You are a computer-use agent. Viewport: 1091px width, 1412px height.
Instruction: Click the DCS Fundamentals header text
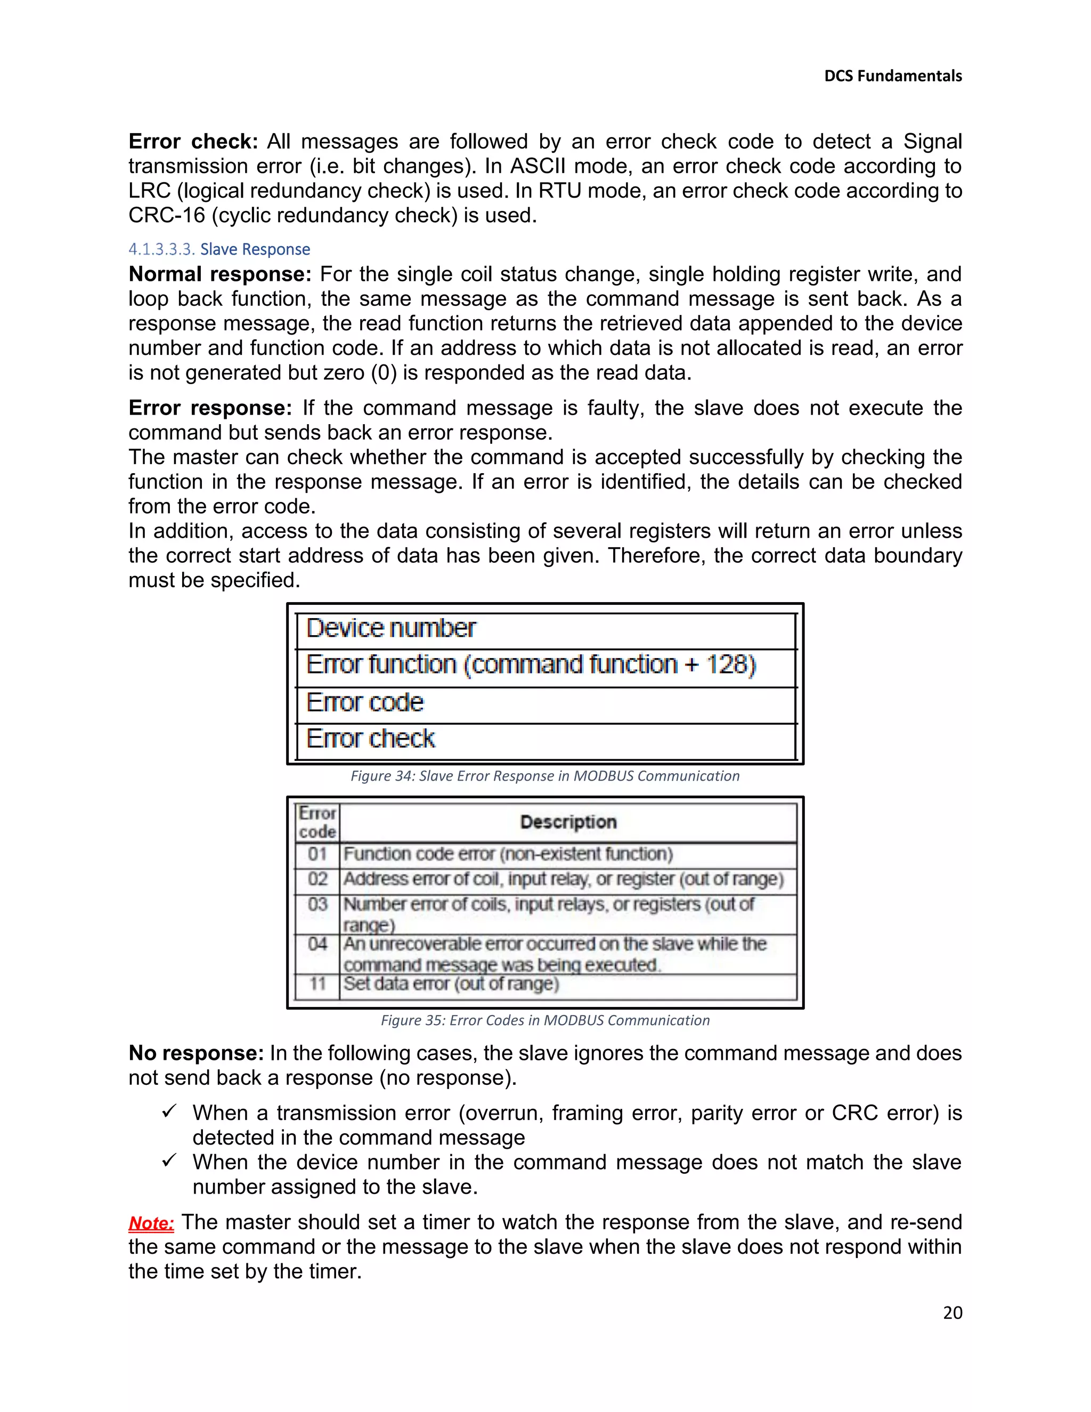[x=893, y=76]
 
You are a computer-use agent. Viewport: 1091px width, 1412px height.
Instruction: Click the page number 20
[x=952, y=1312]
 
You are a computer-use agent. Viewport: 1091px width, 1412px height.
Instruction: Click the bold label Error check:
[x=193, y=142]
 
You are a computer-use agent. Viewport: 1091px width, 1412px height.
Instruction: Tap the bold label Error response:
[x=210, y=408]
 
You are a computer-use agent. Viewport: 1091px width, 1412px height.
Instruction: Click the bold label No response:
[x=196, y=1053]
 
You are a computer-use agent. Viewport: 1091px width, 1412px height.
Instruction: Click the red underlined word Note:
[x=151, y=1223]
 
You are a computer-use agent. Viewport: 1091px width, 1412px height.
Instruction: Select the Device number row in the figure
[x=391, y=628]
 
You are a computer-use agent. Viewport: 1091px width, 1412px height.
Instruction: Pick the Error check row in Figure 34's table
[x=370, y=739]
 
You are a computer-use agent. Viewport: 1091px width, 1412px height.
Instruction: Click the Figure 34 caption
[x=545, y=776]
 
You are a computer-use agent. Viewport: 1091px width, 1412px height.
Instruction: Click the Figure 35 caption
[x=545, y=1020]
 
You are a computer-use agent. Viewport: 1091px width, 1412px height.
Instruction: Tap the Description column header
[x=568, y=822]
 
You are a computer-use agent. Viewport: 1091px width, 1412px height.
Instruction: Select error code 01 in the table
[x=317, y=855]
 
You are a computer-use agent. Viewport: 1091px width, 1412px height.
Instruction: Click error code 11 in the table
[x=317, y=984]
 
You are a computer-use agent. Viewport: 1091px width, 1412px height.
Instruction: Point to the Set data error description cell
[x=451, y=984]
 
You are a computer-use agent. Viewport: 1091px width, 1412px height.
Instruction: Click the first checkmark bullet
[x=169, y=1111]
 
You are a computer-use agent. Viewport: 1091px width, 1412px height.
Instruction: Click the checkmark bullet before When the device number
[x=169, y=1161]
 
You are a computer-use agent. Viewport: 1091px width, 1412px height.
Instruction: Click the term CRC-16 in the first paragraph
[x=167, y=215]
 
